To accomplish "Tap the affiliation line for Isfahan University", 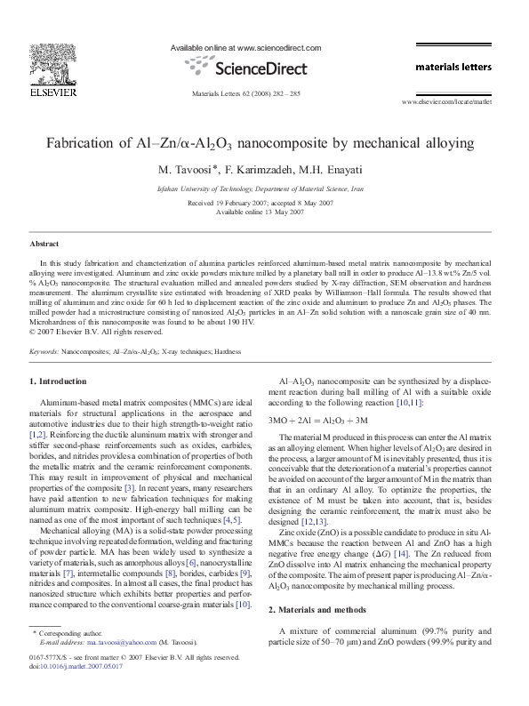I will click(x=260, y=189).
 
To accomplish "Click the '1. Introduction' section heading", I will click(x=59, y=381).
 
